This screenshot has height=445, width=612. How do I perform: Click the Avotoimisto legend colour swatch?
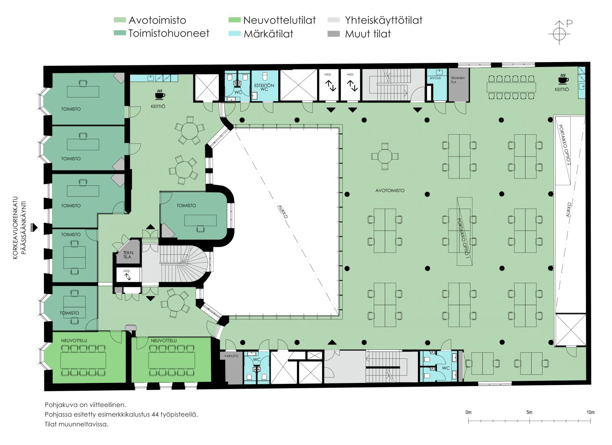pyautogui.click(x=120, y=20)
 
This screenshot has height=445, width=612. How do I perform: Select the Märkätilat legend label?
pyautogui.click(x=268, y=34)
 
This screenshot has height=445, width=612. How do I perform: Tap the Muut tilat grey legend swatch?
pyautogui.click(x=334, y=34)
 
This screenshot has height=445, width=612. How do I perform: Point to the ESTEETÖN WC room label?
pyautogui.click(x=264, y=87)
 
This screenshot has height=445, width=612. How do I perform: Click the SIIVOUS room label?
pyautogui.click(x=435, y=78)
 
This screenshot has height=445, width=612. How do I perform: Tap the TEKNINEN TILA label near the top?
pyautogui.click(x=457, y=80)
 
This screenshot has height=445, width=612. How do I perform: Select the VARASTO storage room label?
pyautogui.click(x=231, y=356)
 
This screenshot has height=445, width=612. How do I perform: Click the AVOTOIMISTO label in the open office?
pyautogui.click(x=390, y=191)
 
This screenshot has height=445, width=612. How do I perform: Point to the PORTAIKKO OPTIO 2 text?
pyautogui.click(x=564, y=145)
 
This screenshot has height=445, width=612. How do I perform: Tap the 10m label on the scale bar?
pyautogui.click(x=590, y=412)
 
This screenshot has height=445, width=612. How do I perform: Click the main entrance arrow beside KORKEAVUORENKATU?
pyautogui.click(x=34, y=227)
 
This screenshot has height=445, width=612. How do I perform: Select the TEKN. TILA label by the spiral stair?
pyautogui.click(x=128, y=255)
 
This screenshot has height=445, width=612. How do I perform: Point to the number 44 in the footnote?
pyautogui.click(x=155, y=414)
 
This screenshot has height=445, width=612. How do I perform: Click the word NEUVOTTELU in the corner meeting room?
pyautogui.click(x=74, y=340)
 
